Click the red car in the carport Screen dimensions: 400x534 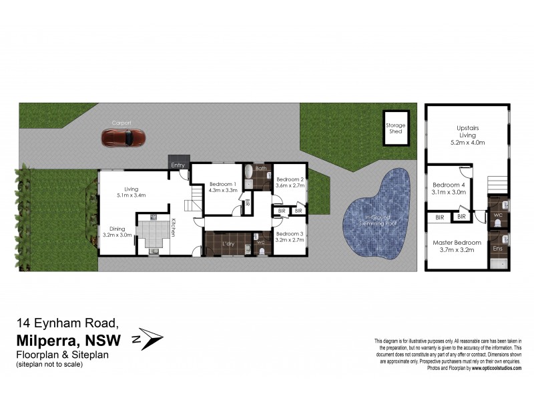coord(123,138)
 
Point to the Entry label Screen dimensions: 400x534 coord(178,165)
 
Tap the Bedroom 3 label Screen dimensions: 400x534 coord(290,233)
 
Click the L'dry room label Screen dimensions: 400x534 coord(228,251)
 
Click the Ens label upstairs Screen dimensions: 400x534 coord(497,248)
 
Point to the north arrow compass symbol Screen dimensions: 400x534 coord(152,339)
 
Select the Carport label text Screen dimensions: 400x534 coord(122,123)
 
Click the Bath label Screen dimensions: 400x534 coord(260,169)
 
